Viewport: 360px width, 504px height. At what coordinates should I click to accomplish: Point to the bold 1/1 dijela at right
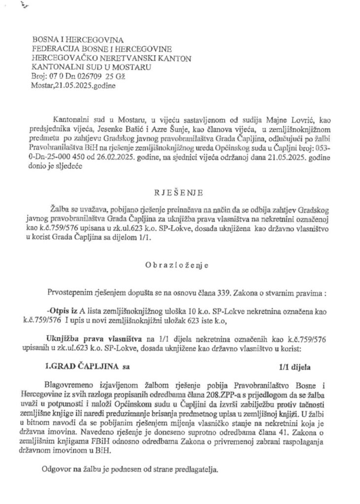tap(295, 366)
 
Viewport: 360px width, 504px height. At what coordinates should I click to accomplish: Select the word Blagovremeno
tap(73, 384)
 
